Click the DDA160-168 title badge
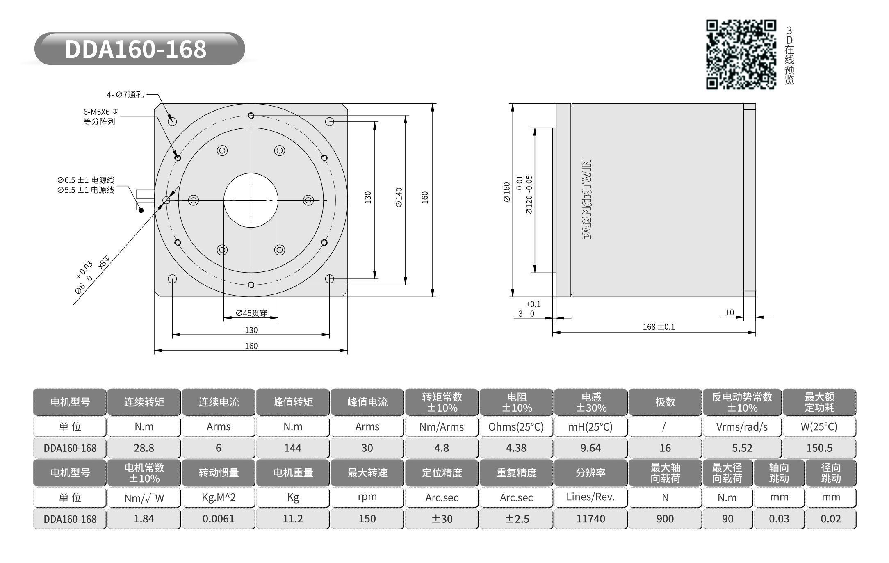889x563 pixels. (139, 49)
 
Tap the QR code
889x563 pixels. (741, 55)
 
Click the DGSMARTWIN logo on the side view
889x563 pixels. (587, 199)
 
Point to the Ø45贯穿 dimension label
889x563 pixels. (251, 313)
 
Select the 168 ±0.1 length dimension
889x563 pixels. (659, 327)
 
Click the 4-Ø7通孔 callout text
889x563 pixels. (125, 95)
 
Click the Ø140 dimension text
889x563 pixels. (399, 197)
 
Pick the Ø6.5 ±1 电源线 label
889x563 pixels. (86, 180)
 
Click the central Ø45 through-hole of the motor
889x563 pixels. (251, 200)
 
